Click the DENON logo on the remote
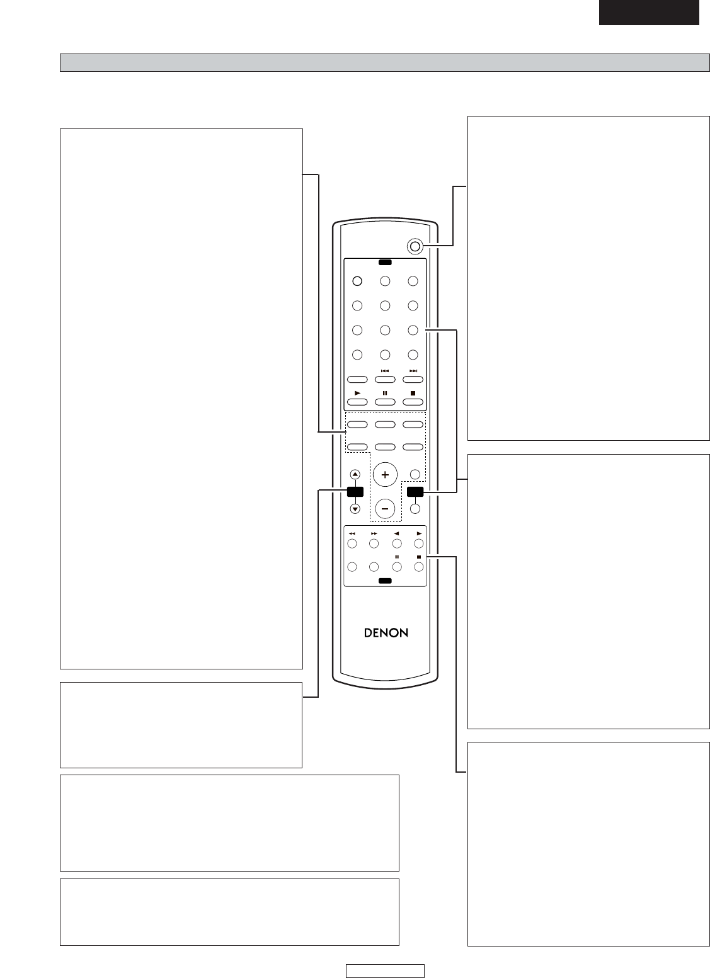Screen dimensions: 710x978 386,633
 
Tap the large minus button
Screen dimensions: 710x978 385,509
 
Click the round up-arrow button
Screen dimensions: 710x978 355,475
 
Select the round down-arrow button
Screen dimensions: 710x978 355,509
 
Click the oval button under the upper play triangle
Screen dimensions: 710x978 357,402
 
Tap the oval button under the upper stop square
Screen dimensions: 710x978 413,402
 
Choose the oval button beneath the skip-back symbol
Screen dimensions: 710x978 385,379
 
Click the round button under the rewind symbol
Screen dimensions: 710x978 352,543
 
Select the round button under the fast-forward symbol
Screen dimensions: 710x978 374,543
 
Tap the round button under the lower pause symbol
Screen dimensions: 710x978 397,567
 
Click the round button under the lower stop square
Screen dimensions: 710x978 419,567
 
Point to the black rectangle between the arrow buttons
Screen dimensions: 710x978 355,492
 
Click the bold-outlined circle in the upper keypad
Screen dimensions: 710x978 357,281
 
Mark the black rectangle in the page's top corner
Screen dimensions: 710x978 649,12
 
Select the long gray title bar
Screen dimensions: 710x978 385,62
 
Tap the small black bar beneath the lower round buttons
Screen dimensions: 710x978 385,581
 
